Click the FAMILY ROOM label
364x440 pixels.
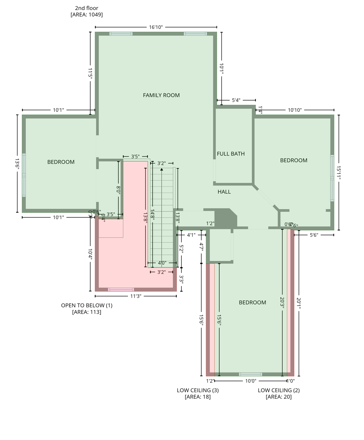(x=161, y=95)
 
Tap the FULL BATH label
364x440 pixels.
(x=231, y=154)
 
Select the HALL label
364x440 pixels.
(x=224, y=192)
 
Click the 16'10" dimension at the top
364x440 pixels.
(x=156, y=27)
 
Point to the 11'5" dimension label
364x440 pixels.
(x=90, y=73)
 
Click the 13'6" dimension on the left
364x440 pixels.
(x=17, y=164)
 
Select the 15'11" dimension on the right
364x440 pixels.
(x=339, y=173)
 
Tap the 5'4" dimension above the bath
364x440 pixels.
(x=236, y=100)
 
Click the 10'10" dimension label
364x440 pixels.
(x=294, y=110)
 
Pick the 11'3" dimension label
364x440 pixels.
(x=136, y=296)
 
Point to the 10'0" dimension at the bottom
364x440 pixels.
(x=251, y=381)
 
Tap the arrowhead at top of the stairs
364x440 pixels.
(x=162, y=170)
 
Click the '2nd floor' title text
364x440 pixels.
(x=86, y=8)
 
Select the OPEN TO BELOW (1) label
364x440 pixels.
(x=87, y=305)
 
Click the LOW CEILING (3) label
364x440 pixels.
(x=197, y=390)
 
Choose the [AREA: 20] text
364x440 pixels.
(x=278, y=397)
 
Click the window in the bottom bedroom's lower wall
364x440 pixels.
(x=250, y=374)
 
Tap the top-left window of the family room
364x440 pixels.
(x=121, y=34)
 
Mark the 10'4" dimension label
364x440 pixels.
(x=90, y=254)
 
